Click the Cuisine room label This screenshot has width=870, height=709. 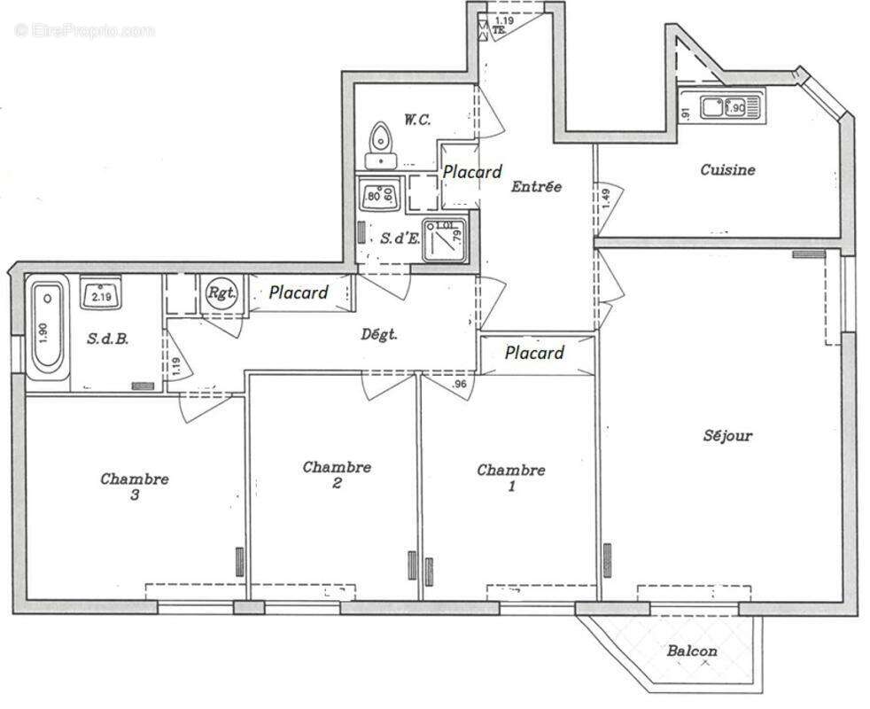[727, 169]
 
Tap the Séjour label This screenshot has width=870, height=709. [727, 435]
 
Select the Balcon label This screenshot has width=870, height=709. [692, 651]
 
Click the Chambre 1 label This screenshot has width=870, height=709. [511, 478]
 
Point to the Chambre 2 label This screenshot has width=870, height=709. [337, 474]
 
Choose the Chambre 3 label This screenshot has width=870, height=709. [135, 487]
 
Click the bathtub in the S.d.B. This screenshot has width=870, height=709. [48, 331]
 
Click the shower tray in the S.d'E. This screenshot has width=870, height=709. [444, 241]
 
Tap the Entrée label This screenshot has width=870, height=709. [536, 187]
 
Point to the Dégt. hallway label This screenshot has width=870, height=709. [379, 334]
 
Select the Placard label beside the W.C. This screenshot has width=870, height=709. [472, 171]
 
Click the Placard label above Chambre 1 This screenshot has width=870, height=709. [534, 353]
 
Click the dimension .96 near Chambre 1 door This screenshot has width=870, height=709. [459, 385]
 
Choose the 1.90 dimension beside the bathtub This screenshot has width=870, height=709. [18, 330]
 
